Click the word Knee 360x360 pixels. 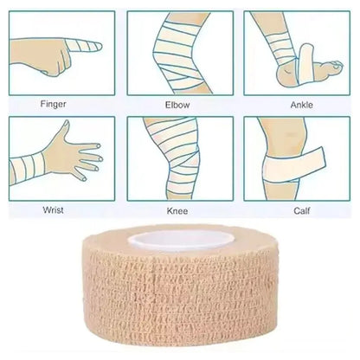(177, 210)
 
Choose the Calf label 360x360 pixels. (297, 210)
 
